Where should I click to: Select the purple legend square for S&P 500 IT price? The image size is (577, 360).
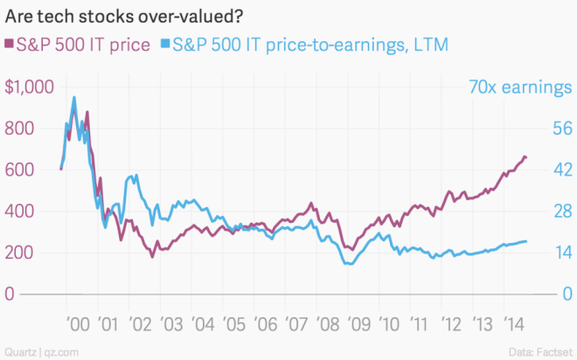click(10, 44)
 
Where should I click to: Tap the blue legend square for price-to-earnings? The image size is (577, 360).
click(165, 44)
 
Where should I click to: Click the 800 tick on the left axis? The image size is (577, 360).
click(21, 128)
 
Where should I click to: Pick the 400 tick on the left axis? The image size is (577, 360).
click(21, 211)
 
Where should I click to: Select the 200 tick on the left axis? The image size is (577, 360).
click(21, 253)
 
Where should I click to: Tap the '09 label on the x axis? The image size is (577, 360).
click(356, 324)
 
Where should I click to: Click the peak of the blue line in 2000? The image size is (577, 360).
click(74, 97)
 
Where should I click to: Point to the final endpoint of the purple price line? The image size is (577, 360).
click(526, 157)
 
